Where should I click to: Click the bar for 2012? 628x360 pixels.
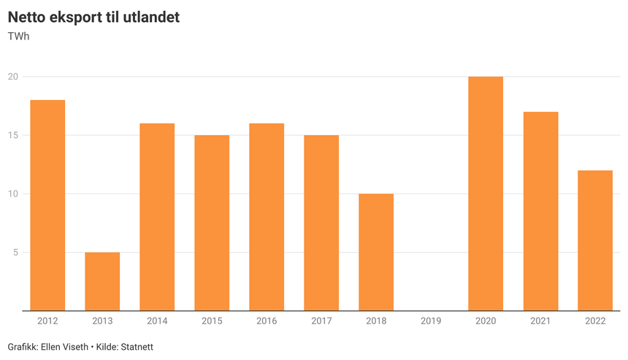point(47,205)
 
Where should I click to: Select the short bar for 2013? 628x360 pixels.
point(102,281)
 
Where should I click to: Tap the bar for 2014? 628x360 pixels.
point(157,217)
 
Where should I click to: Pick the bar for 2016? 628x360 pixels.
point(267,217)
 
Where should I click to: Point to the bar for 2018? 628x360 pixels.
point(376,252)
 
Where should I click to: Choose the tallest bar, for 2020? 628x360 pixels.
point(486,194)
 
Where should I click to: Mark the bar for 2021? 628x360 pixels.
point(540,211)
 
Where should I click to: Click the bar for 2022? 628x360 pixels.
point(595,240)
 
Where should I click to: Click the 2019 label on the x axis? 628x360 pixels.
point(431,321)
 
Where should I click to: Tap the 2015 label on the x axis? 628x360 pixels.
point(212,321)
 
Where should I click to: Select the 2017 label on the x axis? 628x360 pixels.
point(321,321)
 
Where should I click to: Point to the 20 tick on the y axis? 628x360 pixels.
point(13,77)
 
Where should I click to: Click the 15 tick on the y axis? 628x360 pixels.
point(13,135)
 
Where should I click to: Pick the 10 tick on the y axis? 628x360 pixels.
point(13,194)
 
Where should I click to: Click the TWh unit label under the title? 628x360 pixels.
point(18,36)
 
